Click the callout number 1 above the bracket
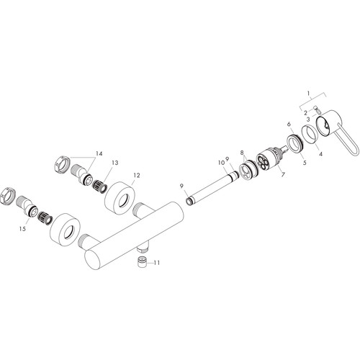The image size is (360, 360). [x=309, y=93]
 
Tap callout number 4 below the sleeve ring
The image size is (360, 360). [x=320, y=153]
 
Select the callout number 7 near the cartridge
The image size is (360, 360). [x=283, y=174]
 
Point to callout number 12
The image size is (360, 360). [x=137, y=176]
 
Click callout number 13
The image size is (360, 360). [x=115, y=163]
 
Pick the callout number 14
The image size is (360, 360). [x=99, y=153]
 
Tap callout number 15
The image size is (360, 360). [x=22, y=229]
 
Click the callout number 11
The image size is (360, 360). [x=157, y=263]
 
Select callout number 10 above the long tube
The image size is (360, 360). [x=221, y=163]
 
